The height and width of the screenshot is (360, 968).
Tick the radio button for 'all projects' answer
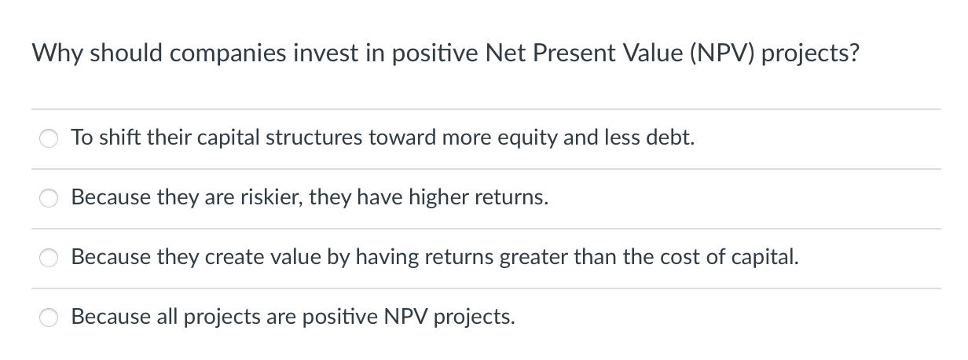[x=49, y=318]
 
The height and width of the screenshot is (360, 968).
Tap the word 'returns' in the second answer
[x=511, y=198]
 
